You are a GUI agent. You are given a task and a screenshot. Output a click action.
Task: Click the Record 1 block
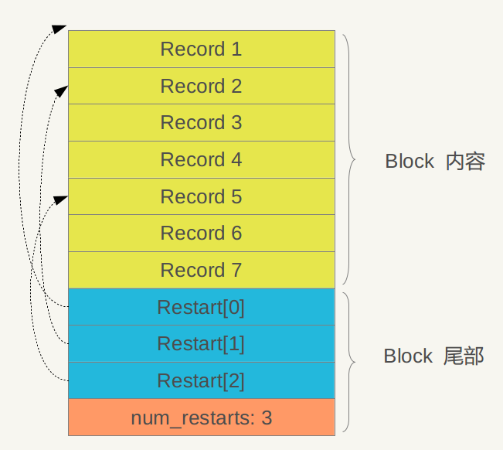[x=201, y=49]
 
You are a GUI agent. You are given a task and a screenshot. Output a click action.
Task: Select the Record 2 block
[x=201, y=86]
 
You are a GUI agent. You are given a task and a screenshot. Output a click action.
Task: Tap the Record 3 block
[x=201, y=123]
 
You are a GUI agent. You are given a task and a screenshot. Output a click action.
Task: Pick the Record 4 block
[x=201, y=160]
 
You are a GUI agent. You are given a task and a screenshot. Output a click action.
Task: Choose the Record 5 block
[x=201, y=196]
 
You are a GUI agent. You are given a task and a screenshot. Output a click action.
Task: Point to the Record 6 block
[x=201, y=233]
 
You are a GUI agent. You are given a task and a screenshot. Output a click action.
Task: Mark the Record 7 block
[x=201, y=270]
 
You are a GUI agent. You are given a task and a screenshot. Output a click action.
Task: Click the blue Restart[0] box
[x=201, y=307]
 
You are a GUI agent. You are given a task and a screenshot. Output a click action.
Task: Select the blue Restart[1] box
[x=201, y=344]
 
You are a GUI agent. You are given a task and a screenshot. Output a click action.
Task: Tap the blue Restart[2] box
[x=201, y=381]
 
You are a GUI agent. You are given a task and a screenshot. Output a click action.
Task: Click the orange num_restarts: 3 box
[x=201, y=418]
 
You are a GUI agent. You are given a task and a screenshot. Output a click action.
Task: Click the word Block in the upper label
[x=410, y=162]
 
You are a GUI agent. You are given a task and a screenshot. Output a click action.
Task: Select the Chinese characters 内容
[x=465, y=162]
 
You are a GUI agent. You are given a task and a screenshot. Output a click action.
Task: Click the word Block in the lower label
[x=408, y=356]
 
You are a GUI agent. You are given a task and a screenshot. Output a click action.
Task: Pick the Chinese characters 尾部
[x=464, y=356]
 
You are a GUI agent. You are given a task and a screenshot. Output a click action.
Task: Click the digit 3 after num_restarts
[x=267, y=418]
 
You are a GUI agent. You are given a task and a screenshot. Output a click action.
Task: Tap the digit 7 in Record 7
[x=236, y=270]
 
